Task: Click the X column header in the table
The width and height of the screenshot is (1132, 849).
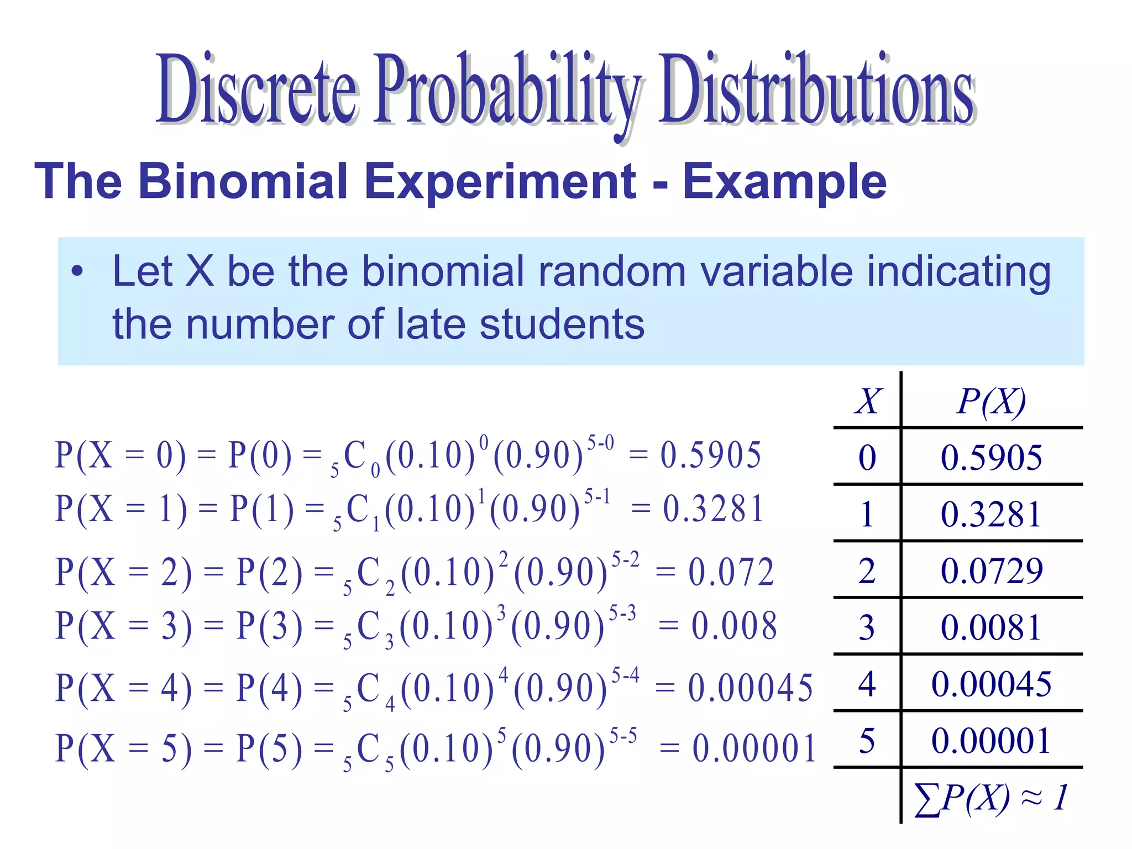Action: (868, 401)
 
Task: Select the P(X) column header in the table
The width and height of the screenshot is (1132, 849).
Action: (991, 401)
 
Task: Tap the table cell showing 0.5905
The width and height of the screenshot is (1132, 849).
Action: (991, 458)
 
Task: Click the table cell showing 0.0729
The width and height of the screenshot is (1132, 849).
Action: (991, 571)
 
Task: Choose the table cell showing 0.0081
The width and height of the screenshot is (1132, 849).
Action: (991, 627)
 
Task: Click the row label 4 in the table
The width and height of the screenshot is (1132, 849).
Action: (867, 684)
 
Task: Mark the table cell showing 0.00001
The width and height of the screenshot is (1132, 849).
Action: (991, 741)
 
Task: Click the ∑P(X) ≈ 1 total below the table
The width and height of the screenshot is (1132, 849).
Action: (991, 798)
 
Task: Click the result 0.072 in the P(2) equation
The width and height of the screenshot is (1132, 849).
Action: (731, 572)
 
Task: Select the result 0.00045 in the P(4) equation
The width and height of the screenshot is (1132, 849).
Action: (750, 688)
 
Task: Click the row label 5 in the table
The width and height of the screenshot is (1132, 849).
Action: (867, 741)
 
